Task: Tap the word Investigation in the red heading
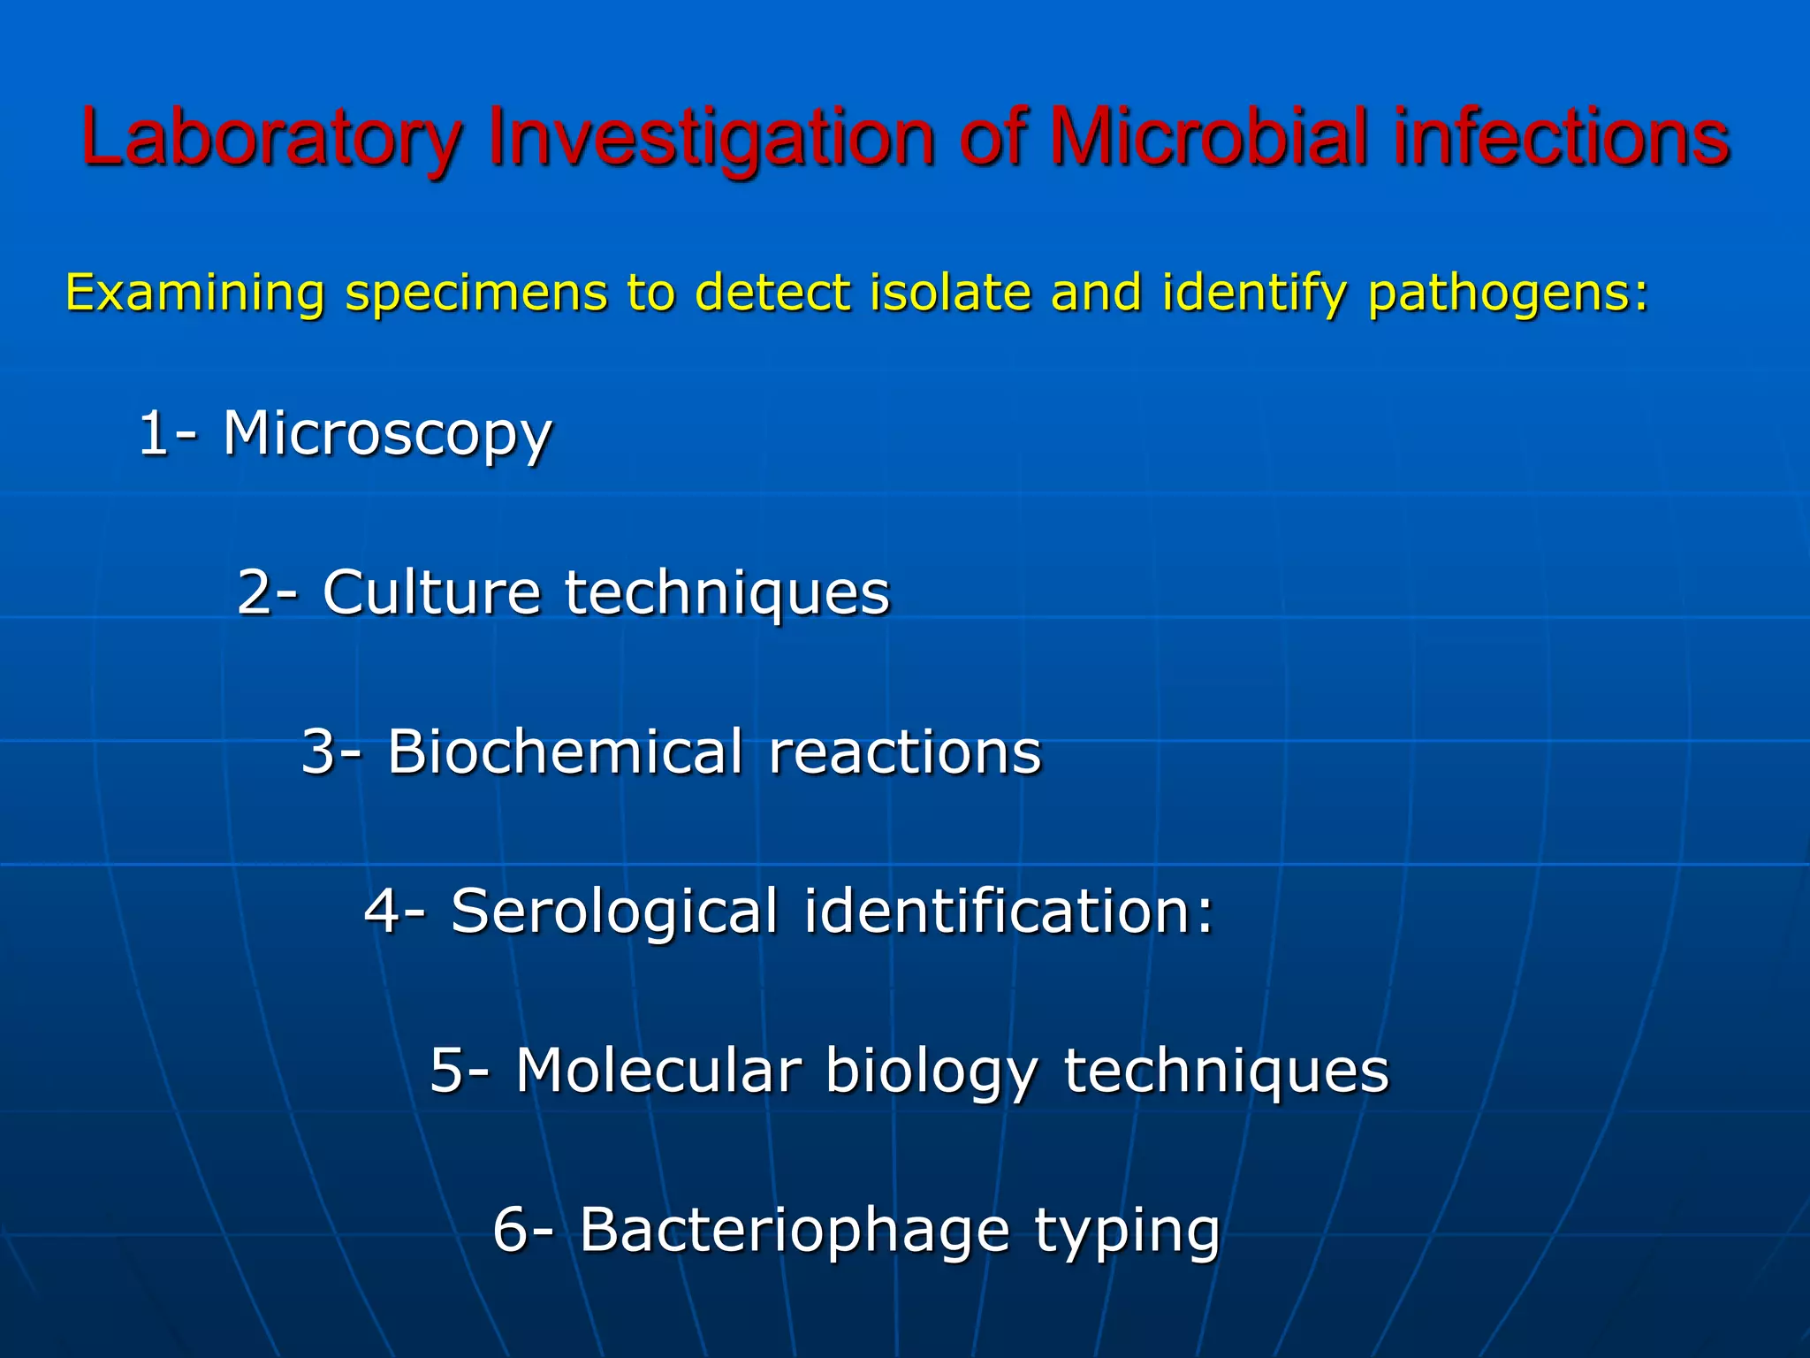tap(711, 137)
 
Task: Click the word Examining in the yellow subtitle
tap(195, 293)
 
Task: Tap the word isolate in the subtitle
tap(950, 293)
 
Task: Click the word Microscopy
tap(387, 434)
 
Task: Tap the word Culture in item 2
tap(431, 591)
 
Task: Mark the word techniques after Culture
tap(727, 591)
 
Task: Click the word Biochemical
tap(566, 751)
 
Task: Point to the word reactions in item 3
tap(905, 751)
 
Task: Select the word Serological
tap(615, 911)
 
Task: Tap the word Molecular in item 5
tap(658, 1071)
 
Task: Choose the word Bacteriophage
tap(795, 1230)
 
